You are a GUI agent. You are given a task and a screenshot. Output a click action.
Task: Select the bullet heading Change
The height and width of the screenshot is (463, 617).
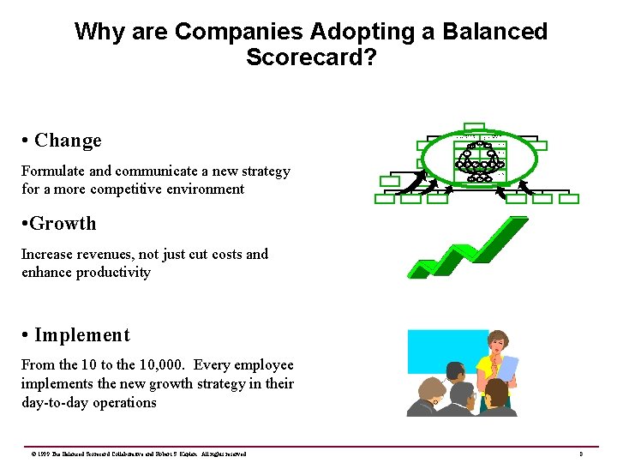pyautogui.click(x=68, y=141)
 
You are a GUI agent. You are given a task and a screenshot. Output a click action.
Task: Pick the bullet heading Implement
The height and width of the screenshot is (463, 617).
pyautogui.click(x=82, y=335)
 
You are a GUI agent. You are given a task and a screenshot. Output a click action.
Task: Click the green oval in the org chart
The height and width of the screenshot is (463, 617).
pyautogui.click(x=482, y=158)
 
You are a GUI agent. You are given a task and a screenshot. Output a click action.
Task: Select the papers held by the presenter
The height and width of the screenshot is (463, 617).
pyautogui.click(x=509, y=367)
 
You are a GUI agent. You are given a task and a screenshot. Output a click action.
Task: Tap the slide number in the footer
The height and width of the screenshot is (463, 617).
pyautogui.click(x=581, y=454)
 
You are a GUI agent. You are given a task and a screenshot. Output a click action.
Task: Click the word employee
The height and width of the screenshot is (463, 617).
pyautogui.click(x=261, y=365)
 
